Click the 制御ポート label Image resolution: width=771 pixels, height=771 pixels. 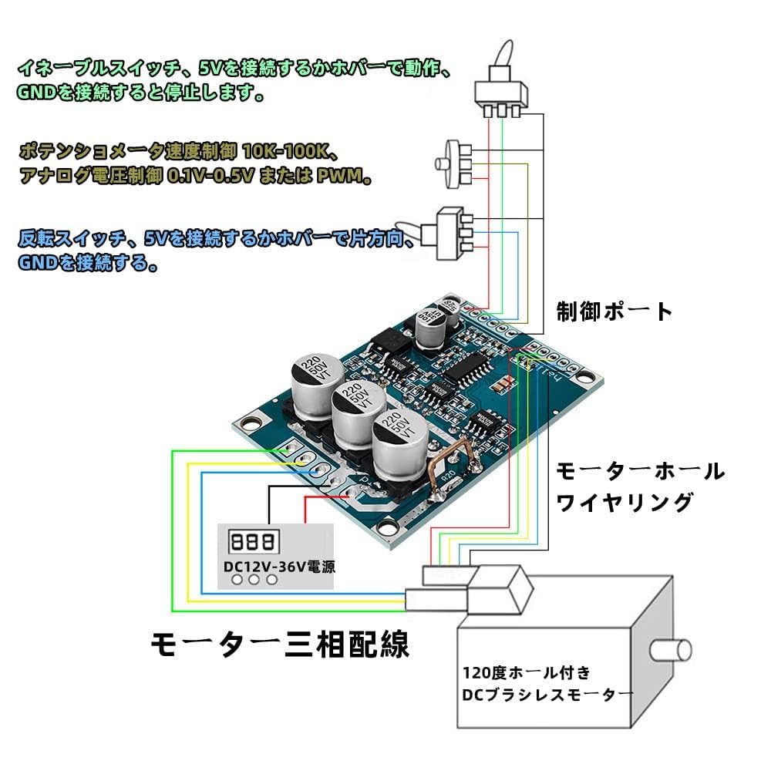614,311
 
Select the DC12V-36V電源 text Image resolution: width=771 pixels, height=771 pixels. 279,566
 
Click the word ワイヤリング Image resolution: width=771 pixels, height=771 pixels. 625,503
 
